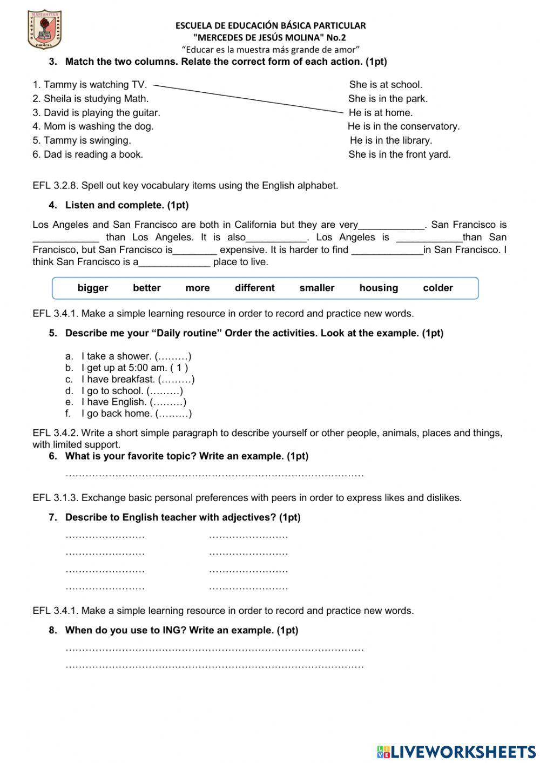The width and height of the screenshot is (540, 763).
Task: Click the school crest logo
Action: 44,30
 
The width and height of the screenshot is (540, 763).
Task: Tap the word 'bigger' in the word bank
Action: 93,288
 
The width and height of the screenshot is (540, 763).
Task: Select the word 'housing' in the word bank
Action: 379,288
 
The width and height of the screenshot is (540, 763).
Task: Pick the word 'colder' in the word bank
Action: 437,288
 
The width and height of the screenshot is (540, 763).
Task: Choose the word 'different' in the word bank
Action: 254,288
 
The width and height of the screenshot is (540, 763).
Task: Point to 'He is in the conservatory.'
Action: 403,126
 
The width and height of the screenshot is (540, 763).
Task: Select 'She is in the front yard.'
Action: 399,154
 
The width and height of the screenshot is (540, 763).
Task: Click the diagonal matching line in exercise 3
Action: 248,98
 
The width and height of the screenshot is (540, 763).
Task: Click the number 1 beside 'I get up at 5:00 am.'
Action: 179,368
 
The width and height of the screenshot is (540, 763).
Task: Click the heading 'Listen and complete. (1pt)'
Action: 127,205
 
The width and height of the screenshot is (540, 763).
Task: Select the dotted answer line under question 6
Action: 214,475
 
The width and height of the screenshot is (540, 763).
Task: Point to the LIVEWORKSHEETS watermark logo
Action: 456,751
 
